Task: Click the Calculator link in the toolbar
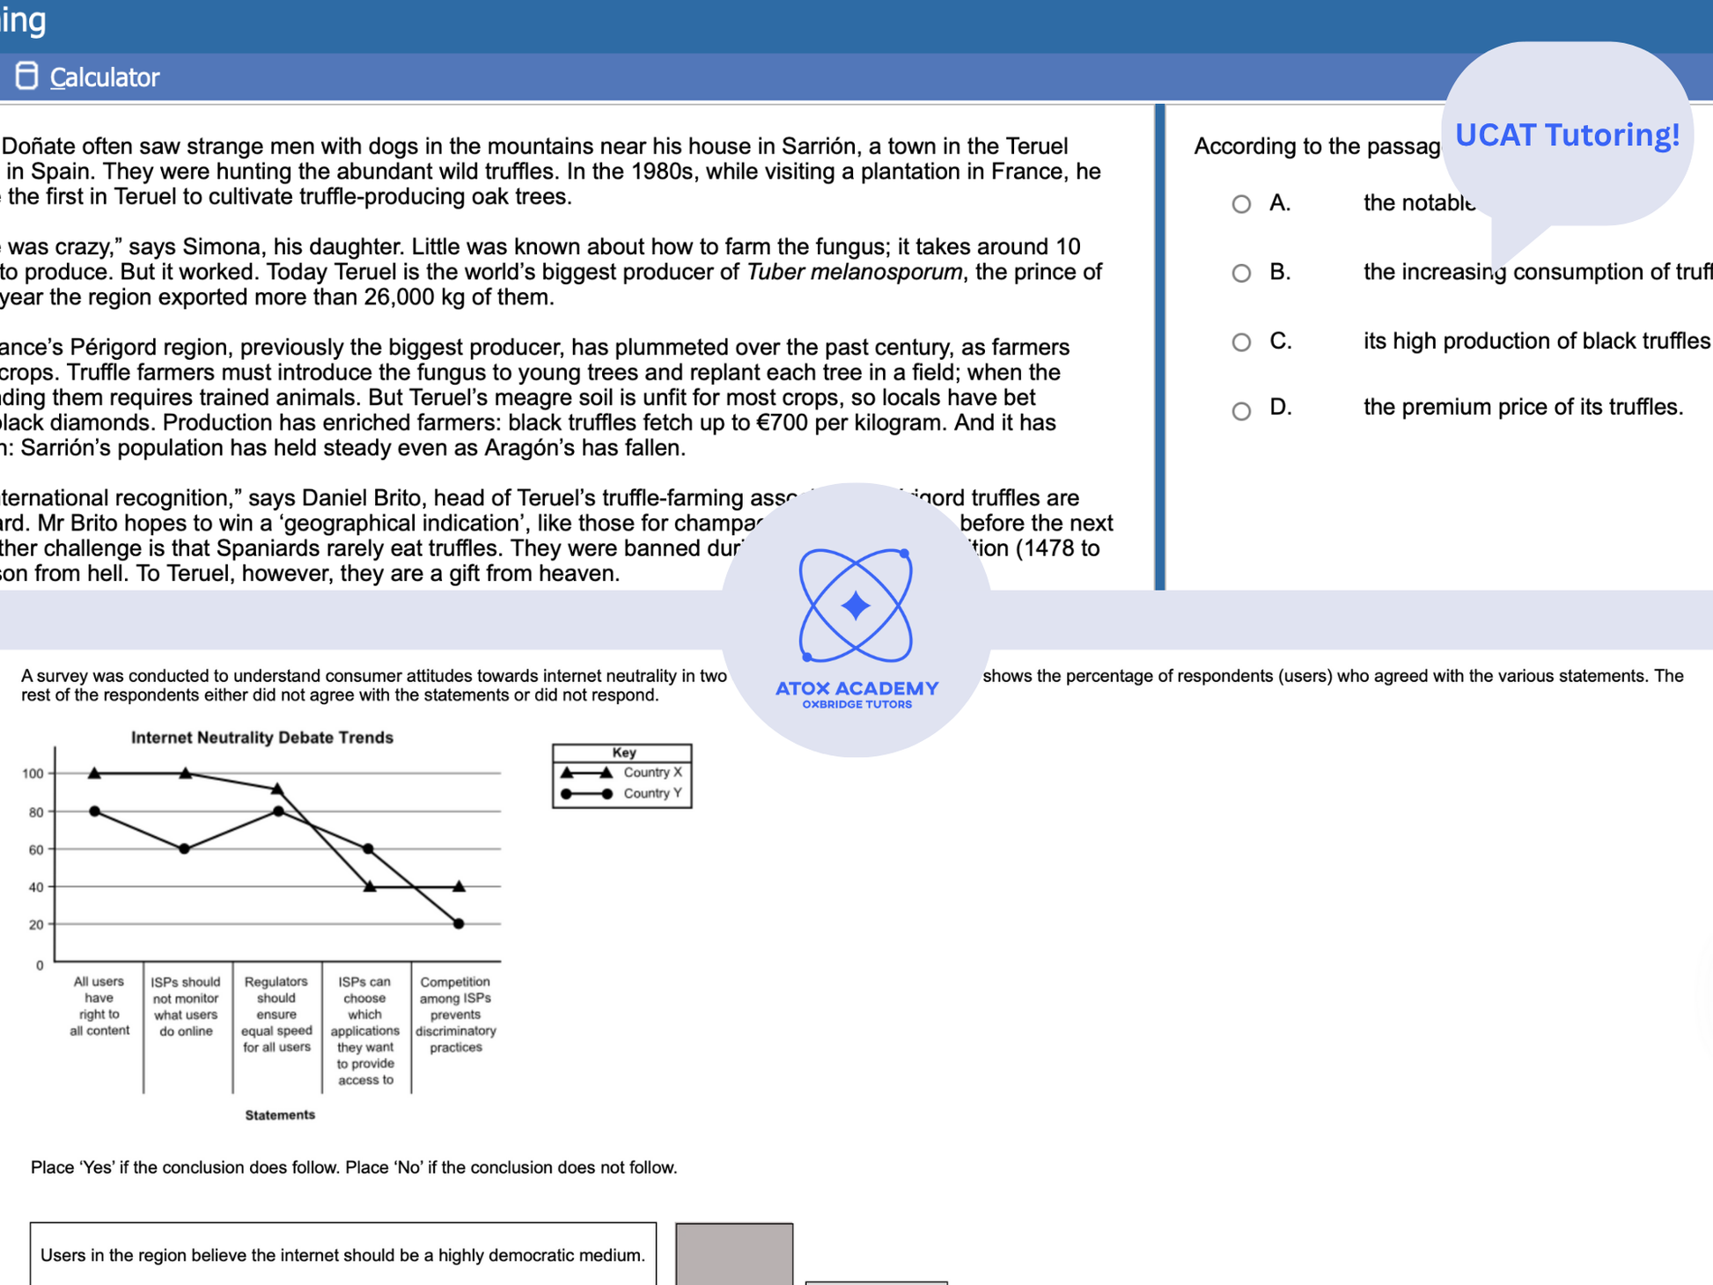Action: click(x=103, y=77)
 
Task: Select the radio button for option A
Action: click(x=1241, y=204)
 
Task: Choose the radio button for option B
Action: click(x=1241, y=273)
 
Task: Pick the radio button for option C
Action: click(x=1241, y=341)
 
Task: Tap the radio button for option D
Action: click(x=1241, y=410)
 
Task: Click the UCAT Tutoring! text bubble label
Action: click(x=1567, y=135)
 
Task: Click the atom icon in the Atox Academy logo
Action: click(x=856, y=606)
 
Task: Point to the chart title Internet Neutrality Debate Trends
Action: click(x=261, y=738)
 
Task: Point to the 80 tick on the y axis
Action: click(x=35, y=812)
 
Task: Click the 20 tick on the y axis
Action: click(x=35, y=925)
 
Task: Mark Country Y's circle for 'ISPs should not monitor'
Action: click(x=185, y=848)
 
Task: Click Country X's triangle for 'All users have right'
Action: click(x=95, y=773)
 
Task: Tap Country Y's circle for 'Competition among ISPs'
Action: click(x=459, y=923)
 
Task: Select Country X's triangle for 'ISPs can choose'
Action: click(x=370, y=886)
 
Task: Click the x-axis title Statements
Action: click(x=280, y=1115)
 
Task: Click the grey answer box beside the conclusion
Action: click(x=734, y=1254)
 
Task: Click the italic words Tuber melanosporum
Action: click(x=854, y=272)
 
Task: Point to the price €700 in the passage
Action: click(x=782, y=423)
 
